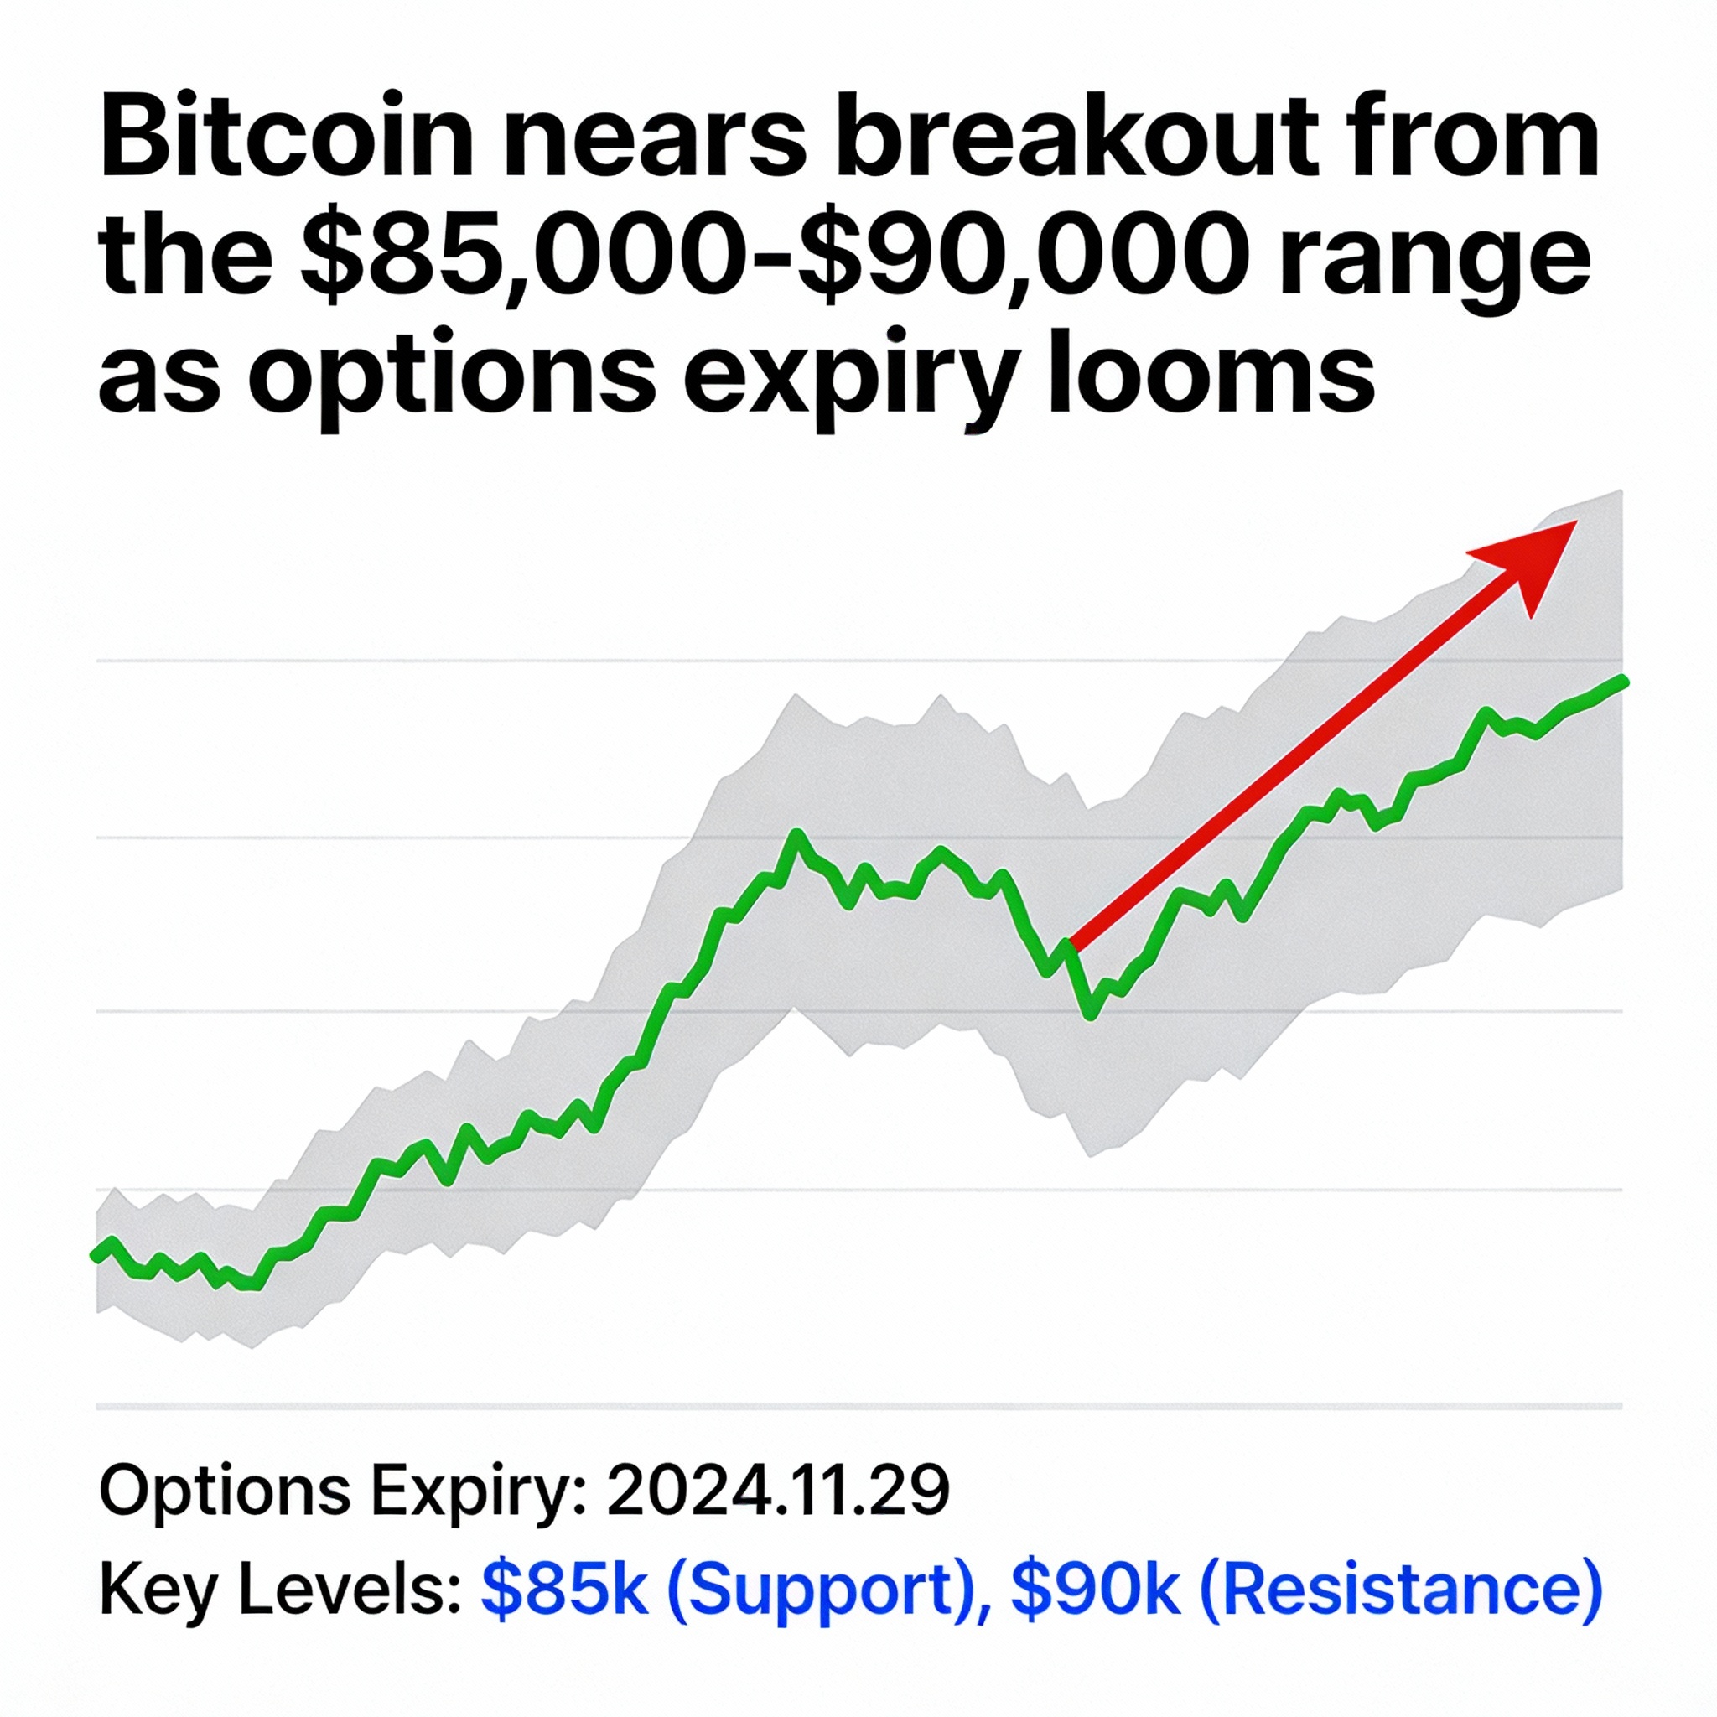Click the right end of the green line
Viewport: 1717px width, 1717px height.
tap(1623, 681)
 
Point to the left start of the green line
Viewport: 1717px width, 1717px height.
tap(96, 1255)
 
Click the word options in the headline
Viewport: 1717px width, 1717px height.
tap(453, 379)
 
